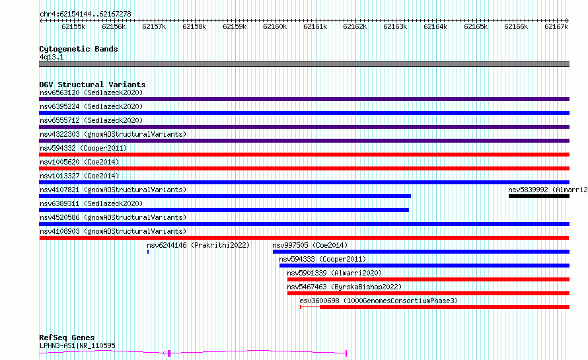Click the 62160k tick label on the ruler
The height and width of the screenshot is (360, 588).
[275, 26]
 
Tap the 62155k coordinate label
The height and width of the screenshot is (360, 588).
[73, 26]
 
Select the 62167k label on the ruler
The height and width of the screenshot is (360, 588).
[556, 26]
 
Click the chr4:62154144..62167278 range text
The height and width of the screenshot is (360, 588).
[85, 15]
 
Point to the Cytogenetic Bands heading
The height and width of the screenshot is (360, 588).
[79, 49]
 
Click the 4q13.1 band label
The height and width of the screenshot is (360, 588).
[52, 57]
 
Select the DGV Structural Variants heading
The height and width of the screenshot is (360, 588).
[92, 85]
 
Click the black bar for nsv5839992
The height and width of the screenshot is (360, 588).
[539, 196]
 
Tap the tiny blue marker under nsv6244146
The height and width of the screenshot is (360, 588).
[148, 252]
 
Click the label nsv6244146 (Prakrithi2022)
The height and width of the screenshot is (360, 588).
[198, 245]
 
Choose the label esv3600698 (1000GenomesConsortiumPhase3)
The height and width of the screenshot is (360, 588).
[379, 301]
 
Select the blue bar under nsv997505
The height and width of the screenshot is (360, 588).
[421, 252]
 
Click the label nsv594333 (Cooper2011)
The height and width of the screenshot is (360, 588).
[322, 259]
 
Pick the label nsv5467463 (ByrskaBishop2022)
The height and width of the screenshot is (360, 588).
[344, 287]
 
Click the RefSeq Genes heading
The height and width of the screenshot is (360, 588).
[67, 338]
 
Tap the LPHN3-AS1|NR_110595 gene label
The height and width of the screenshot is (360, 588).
[77, 345]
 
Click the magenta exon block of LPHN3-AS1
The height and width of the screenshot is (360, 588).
[169, 353]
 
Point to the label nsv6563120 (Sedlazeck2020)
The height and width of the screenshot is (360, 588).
[91, 92]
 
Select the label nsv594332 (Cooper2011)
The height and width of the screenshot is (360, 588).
[83, 148]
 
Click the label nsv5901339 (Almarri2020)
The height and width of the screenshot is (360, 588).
[334, 273]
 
